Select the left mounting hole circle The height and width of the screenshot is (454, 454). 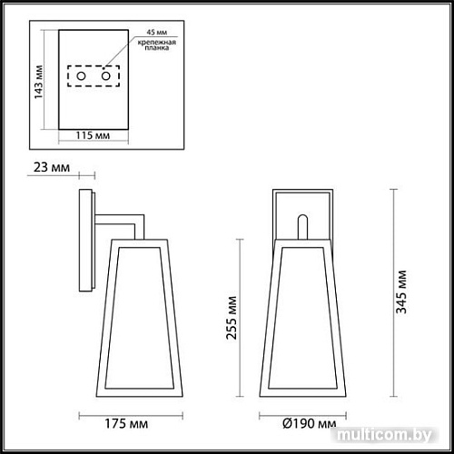point(82,79)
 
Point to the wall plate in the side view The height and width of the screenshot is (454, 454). point(87,242)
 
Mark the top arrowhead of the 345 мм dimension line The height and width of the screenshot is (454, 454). point(392,192)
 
